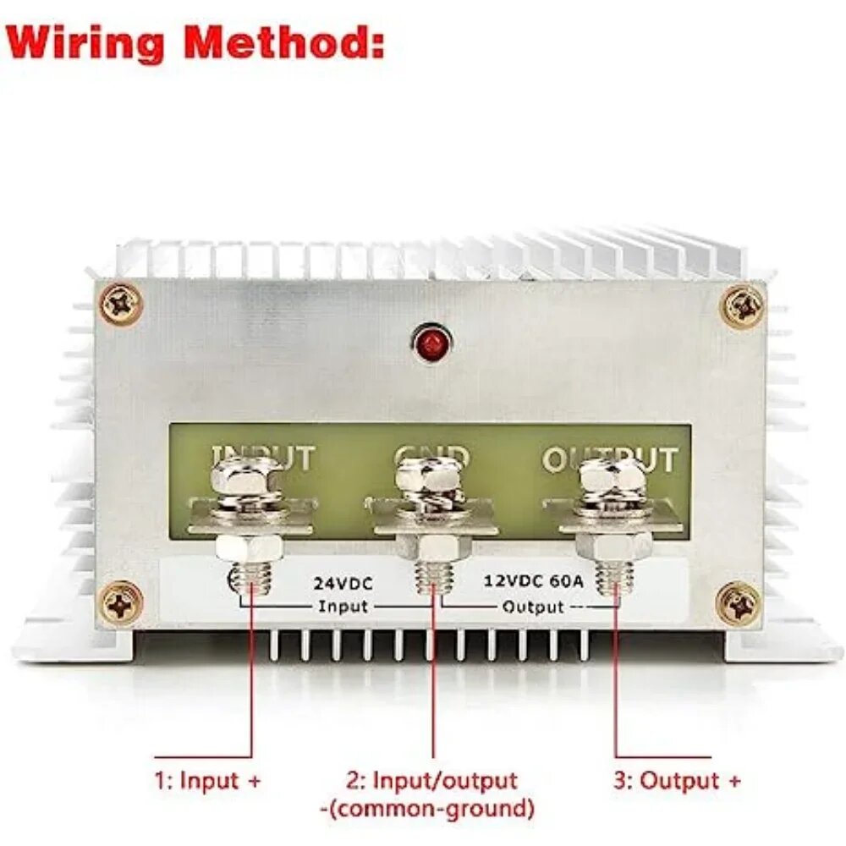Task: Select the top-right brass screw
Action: point(742,305)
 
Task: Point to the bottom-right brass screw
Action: point(739,602)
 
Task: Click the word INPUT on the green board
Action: point(262,459)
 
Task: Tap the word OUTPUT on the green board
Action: point(609,459)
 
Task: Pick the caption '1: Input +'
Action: point(208,781)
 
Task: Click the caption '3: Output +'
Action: point(677,781)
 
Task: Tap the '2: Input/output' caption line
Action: point(431,780)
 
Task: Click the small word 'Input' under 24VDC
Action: point(343,607)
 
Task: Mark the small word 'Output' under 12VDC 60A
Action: point(532,607)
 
